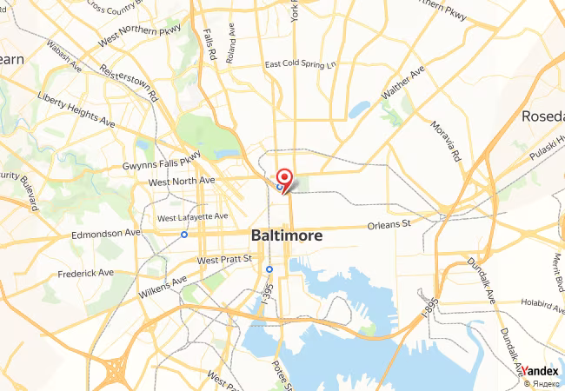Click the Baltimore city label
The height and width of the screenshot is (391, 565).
(x=286, y=235)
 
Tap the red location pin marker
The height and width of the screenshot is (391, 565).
(x=283, y=177)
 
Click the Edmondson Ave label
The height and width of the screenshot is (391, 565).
(x=106, y=233)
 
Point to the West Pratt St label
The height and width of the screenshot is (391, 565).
(x=224, y=260)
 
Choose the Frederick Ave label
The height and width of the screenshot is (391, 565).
(x=86, y=272)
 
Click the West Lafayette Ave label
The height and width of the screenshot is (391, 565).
(x=192, y=216)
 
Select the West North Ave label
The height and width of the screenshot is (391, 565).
(x=181, y=181)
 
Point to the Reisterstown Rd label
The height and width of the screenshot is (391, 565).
(x=128, y=80)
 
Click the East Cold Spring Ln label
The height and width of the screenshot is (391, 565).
(x=301, y=64)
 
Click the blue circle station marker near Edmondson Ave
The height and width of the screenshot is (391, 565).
(x=184, y=234)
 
